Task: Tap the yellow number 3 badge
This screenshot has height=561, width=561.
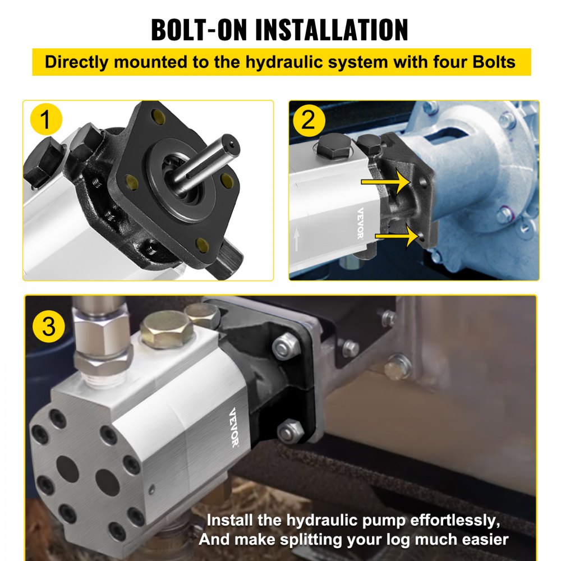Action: click(49, 325)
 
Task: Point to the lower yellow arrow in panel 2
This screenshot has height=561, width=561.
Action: click(396, 236)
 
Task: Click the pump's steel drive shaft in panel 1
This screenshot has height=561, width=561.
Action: click(208, 163)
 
